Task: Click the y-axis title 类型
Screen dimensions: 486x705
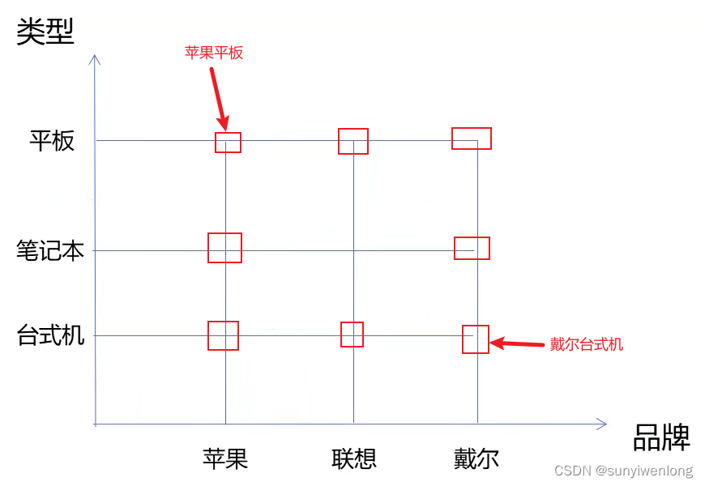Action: coord(45,32)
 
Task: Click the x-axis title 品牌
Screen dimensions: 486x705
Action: coord(661,438)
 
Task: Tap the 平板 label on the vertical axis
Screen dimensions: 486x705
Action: coord(52,141)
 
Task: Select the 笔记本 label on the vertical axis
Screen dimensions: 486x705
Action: coord(50,250)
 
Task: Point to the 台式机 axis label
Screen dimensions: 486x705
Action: coord(50,335)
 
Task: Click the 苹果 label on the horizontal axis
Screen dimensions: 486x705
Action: coord(225,459)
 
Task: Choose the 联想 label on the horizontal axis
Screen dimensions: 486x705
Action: coord(354,459)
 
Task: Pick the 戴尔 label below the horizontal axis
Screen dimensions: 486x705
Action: coord(476,459)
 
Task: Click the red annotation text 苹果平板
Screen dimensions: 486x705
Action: coord(214,53)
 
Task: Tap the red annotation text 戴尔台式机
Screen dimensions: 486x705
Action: coord(587,344)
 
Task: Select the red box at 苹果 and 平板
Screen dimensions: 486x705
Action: coord(228,143)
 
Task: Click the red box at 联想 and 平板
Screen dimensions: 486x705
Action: coord(353,141)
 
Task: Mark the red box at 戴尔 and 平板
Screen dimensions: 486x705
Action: coord(472,139)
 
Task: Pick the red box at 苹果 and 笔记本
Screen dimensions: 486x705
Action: coord(224,248)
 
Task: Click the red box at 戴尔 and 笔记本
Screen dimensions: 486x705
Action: coord(472,248)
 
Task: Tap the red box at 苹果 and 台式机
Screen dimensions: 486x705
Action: coord(223,335)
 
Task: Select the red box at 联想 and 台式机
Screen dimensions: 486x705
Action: coord(352,335)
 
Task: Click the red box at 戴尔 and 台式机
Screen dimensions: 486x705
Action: coord(476,339)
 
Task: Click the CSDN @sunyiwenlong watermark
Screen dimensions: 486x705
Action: coord(623,471)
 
